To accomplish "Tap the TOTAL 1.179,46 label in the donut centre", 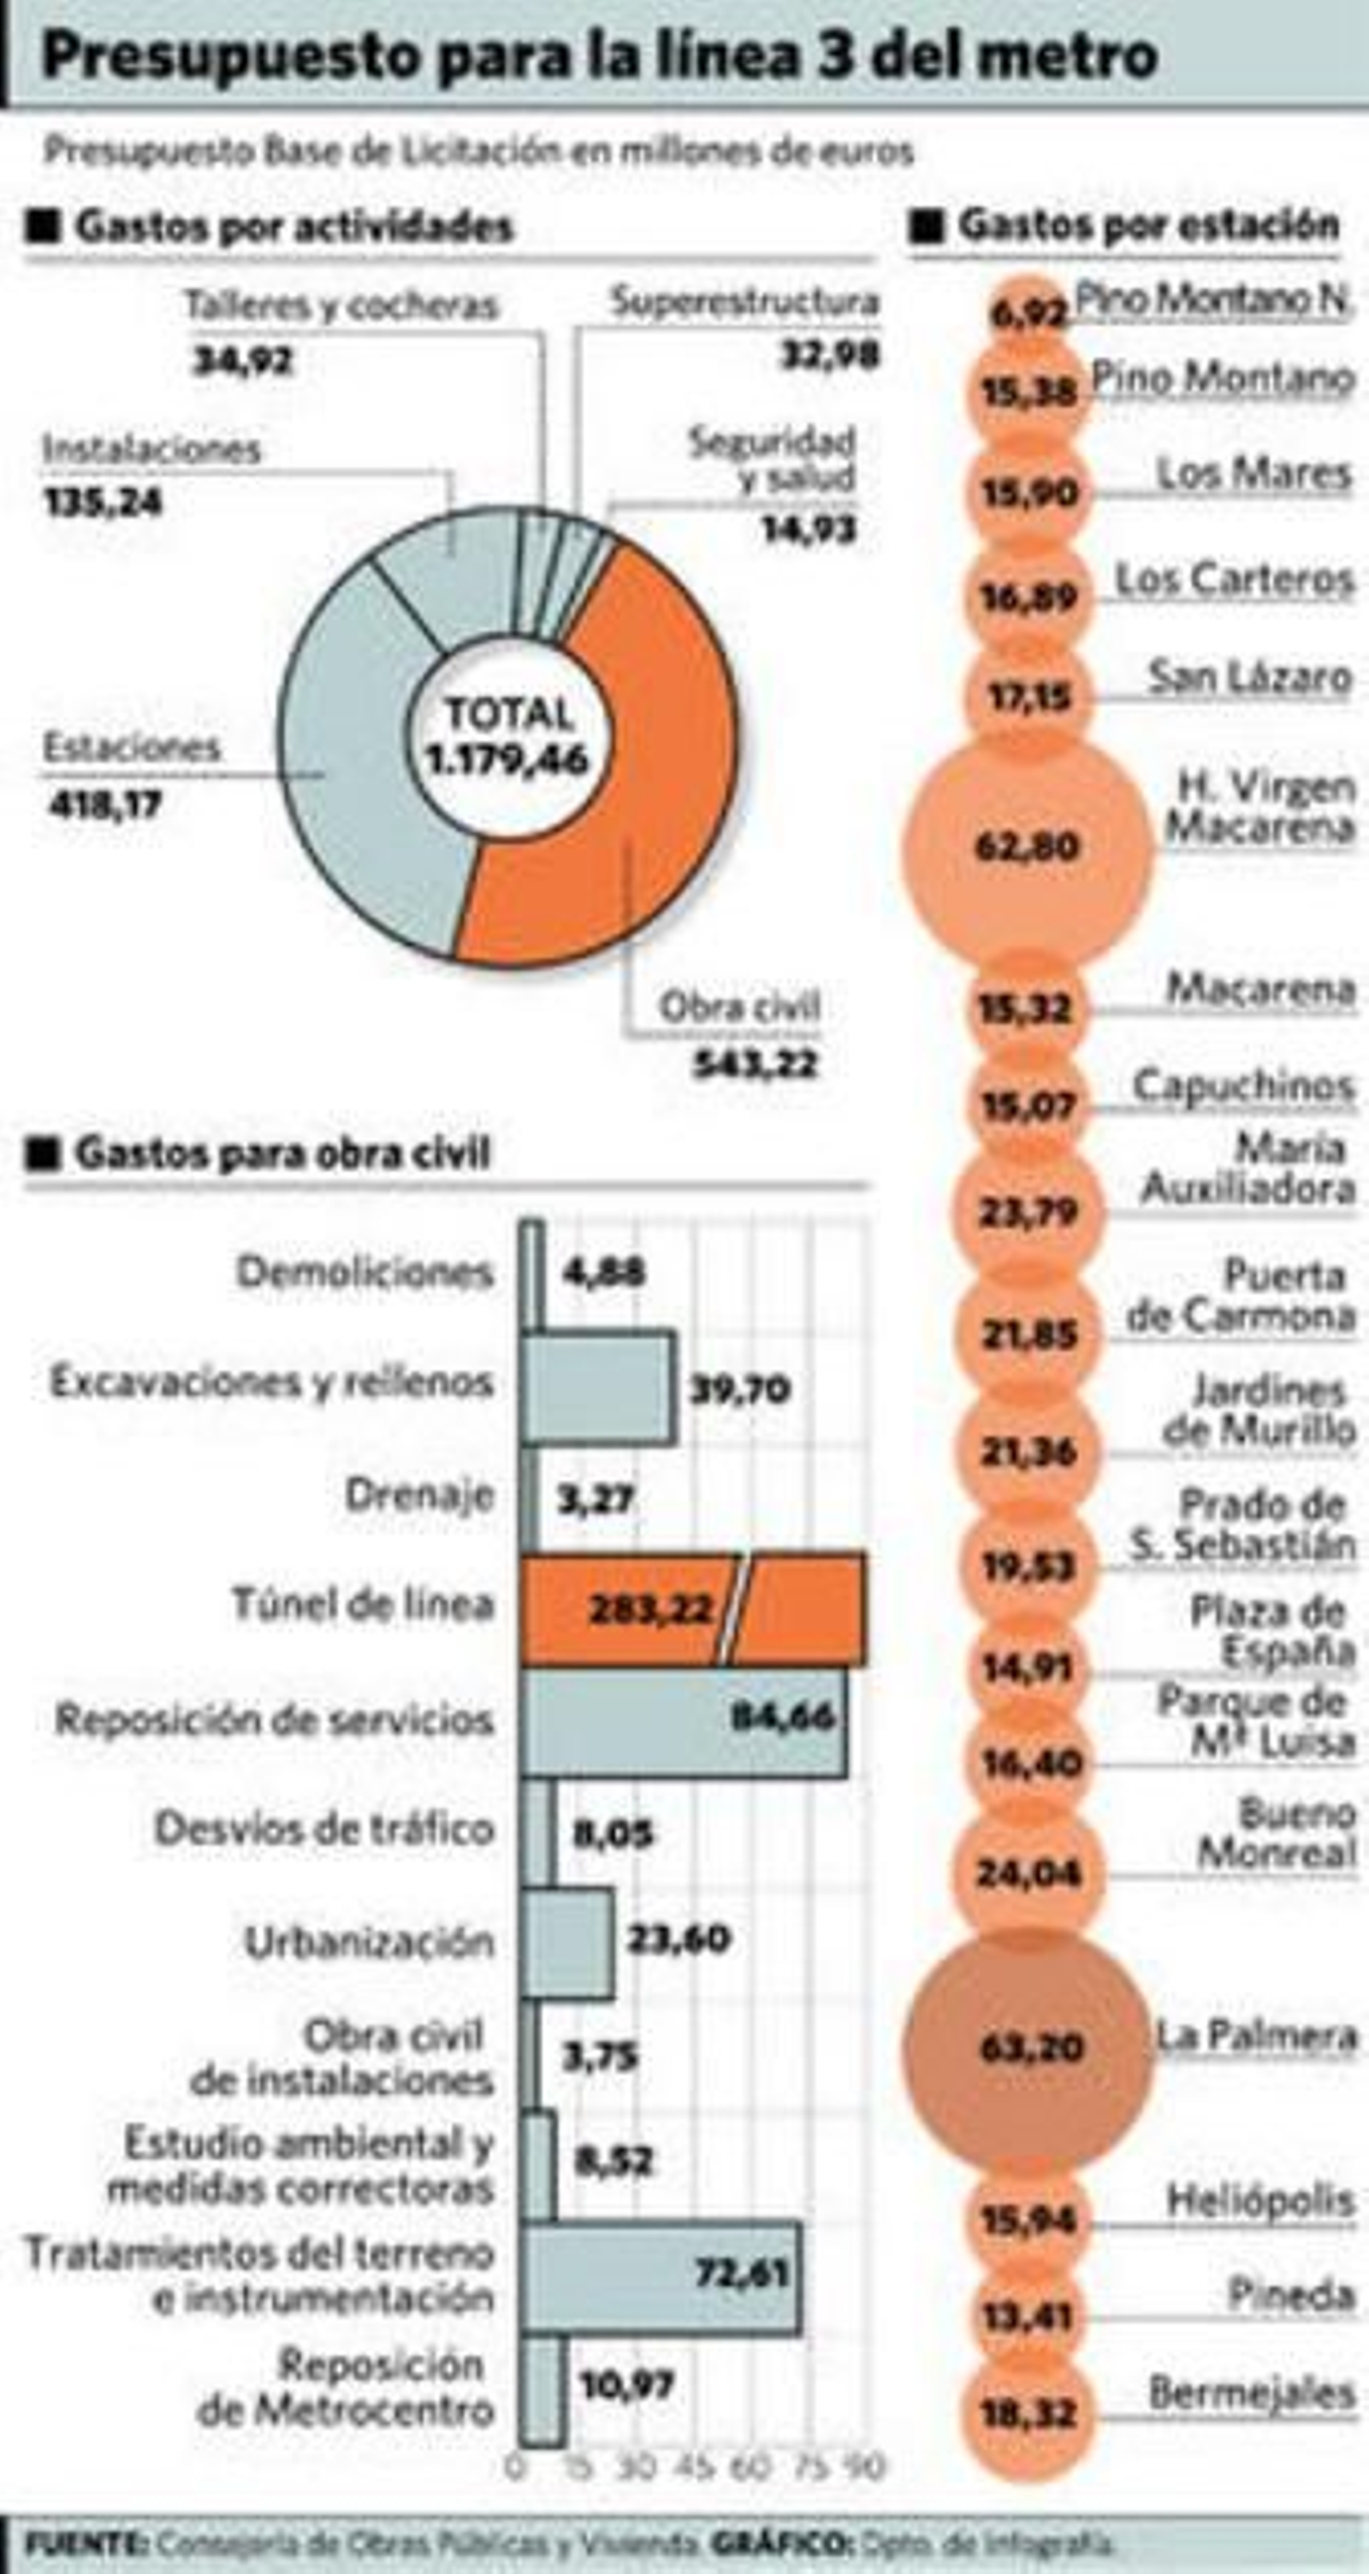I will (x=507, y=737).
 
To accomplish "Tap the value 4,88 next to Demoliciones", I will (x=603, y=1273).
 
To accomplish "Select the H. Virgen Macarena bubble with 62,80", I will (x=1028, y=846).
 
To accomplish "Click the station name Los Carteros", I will (x=1233, y=578).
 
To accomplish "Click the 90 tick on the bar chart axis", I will (x=864, y=2469).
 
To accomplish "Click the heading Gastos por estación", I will (x=1148, y=225).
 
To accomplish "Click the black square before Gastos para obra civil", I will (x=44, y=1154).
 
